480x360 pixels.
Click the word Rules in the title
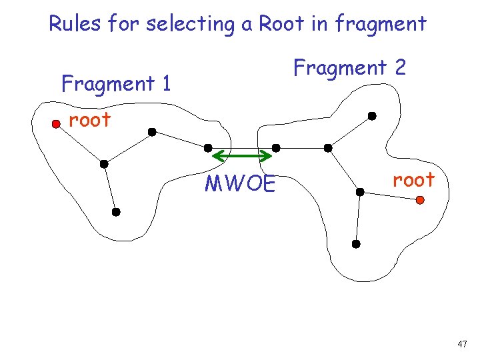pos(73,24)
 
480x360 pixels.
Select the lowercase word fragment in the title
pos(381,25)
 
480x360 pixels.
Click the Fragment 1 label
pos(116,84)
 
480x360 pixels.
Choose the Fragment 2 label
pos(350,67)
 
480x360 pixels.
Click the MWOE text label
pos(240,183)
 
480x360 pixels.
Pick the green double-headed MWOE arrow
pos(241,157)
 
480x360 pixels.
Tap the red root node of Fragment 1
pos(57,123)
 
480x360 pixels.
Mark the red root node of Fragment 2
pos(420,199)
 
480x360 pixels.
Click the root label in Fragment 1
pos(90,120)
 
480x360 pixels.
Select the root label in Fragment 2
pos(413,179)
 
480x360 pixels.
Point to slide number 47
pos(463,344)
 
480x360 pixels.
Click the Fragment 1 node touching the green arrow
pos(208,147)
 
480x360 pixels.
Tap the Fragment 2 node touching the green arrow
pos(276,147)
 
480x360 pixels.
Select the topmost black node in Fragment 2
pos(372,116)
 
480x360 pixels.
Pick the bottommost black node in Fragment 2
pos(356,245)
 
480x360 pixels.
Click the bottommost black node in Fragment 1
pos(115,212)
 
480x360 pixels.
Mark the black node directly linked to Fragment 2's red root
pos(359,192)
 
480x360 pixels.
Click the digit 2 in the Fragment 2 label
pos(399,67)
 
